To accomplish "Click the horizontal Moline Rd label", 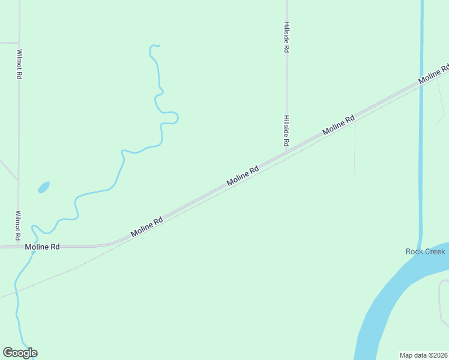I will (42, 247).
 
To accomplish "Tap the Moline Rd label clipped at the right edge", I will (434, 74).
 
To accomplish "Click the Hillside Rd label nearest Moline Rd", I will (286, 131).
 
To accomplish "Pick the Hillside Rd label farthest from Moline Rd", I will (286, 38).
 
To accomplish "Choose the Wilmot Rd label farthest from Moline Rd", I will (19, 64).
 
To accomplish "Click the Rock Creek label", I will (425, 251).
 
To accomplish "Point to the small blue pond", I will (44, 187).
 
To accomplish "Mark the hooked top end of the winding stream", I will (154, 46).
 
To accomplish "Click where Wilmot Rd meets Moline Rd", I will (19, 246).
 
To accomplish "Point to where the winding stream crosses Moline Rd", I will (34, 247).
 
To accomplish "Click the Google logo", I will (20, 353).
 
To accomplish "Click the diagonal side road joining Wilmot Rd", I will (8, 169).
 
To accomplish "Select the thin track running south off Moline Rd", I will (355, 147).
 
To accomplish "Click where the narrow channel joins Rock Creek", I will (420, 243).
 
